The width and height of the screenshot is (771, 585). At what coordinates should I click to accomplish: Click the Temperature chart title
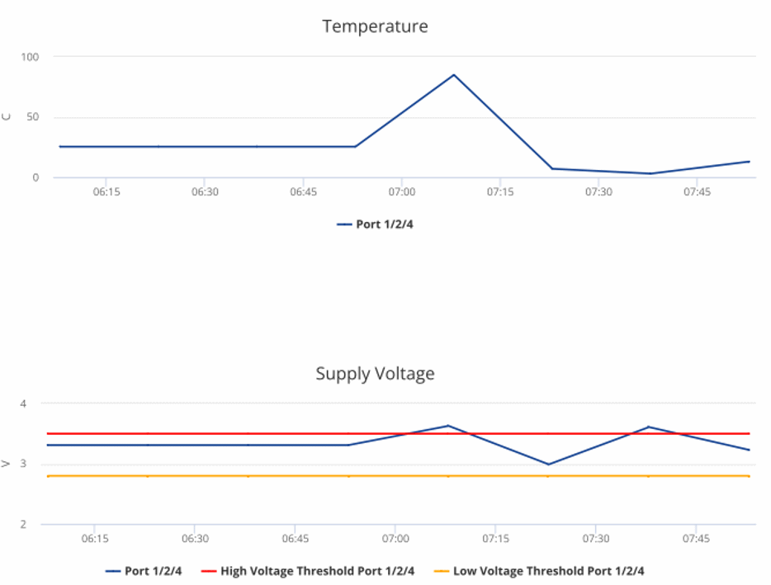click(x=375, y=26)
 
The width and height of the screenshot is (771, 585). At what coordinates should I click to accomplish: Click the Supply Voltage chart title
click(x=375, y=374)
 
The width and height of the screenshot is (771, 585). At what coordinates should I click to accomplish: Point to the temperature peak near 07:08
click(x=453, y=75)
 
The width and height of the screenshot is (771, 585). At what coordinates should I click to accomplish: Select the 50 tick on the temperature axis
click(x=34, y=117)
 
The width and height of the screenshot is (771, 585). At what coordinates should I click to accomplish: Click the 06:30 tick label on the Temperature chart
click(x=205, y=191)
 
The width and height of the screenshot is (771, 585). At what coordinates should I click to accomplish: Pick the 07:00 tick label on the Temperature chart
click(x=402, y=191)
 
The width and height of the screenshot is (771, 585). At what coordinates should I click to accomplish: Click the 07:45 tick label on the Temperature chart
click(x=698, y=191)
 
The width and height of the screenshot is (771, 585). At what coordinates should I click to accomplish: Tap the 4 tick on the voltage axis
click(x=24, y=403)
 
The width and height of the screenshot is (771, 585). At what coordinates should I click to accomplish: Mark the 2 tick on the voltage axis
click(x=24, y=524)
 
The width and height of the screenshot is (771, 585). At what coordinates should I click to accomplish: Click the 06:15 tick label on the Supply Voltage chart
click(x=94, y=539)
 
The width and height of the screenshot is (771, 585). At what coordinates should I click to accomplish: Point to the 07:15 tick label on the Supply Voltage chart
click(x=495, y=539)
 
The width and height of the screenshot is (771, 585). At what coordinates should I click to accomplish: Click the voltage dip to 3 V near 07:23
click(x=548, y=465)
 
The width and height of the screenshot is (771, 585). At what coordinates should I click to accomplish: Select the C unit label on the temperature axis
click(x=7, y=117)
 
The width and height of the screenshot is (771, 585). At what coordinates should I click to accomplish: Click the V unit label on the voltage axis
click(x=7, y=464)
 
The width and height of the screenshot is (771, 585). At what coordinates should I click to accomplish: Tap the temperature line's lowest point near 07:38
click(x=650, y=173)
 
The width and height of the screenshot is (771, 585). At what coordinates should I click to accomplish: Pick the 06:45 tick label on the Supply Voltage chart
click(x=295, y=539)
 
